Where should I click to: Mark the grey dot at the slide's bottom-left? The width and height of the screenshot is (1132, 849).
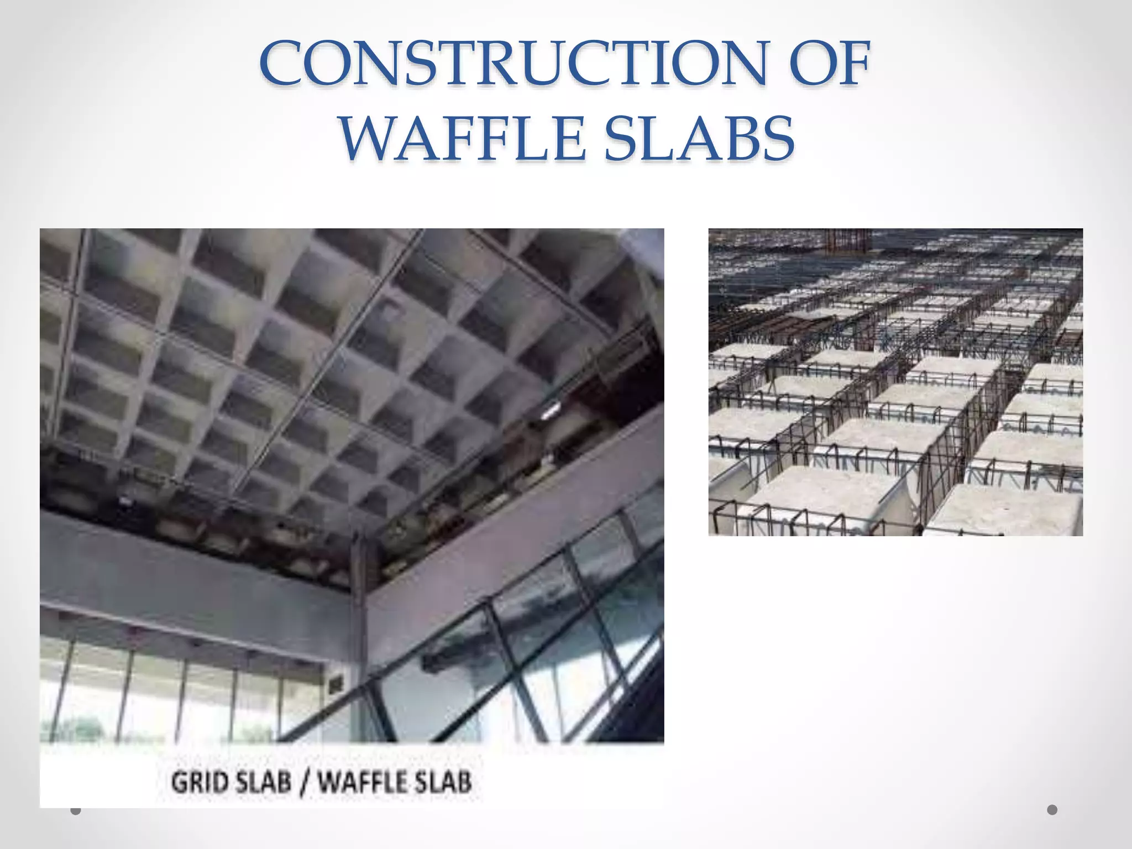(x=76, y=810)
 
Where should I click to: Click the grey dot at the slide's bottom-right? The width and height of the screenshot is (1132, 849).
(x=1052, y=810)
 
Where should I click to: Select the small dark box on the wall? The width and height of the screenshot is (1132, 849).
(x=336, y=685)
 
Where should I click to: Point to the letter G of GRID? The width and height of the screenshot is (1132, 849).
(x=180, y=783)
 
